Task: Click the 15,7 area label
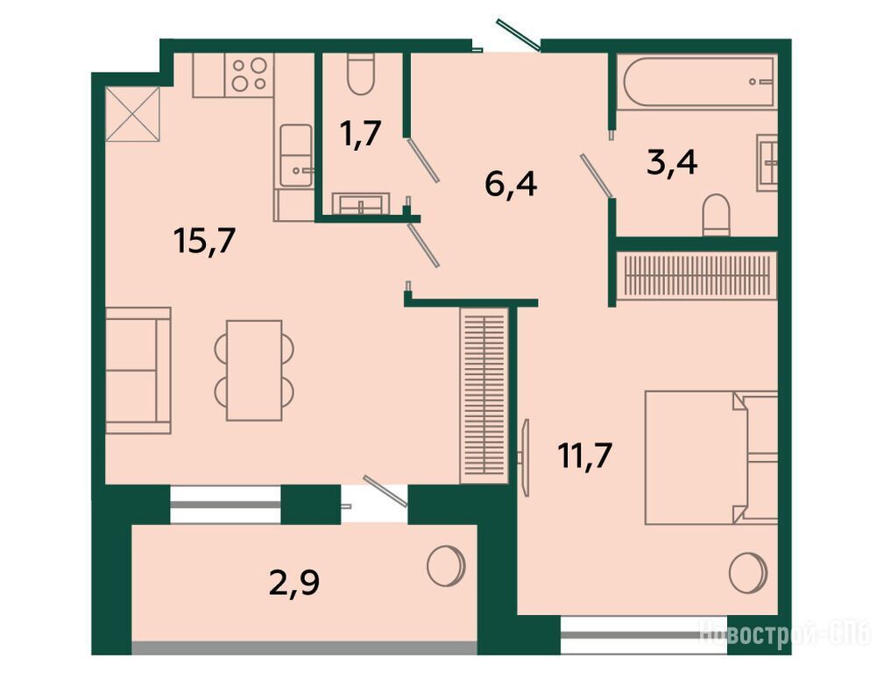[x=204, y=243]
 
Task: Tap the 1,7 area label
[x=361, y=134]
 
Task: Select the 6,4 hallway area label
[x=511, y=185]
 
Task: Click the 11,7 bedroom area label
[x=584, y=456]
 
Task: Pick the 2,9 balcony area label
[x=294, y=583]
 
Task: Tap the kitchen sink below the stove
[x=296, y=156]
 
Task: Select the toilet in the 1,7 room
[x=361, y=74]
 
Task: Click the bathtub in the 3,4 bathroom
[x=697, y=80]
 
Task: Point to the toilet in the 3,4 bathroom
[x=717, y=216]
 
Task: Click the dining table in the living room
[x=254, y=370]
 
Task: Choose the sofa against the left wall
[x=138, y=371]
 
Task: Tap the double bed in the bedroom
[x=711, y=457]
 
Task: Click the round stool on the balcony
[x=446, y=565]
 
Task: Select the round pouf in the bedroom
[x=748, y=573]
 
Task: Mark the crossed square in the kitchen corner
[x=133, y=115]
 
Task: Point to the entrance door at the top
[x=519, y=35]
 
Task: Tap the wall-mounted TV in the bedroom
[x=524, y=457]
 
